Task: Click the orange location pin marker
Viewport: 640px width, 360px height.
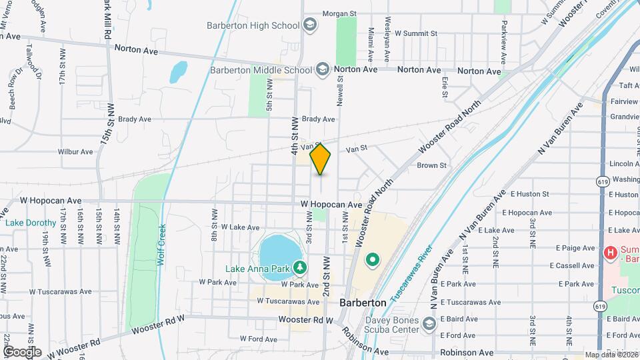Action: (321, 159)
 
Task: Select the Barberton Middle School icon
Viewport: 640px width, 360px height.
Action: (322, 69)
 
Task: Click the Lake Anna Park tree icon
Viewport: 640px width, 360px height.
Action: (301, 268)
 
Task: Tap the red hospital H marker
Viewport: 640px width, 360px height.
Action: (609, 253)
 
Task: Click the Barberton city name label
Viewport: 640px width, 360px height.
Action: (363, 302)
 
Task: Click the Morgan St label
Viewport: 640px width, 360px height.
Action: (341, 13)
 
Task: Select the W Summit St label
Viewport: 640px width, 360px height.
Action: (416, 33)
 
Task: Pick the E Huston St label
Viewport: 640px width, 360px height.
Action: (530, 194)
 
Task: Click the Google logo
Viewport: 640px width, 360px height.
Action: (22, 351)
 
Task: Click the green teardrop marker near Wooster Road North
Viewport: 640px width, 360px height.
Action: (373, 259)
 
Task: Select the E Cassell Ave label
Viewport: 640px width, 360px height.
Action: (572, 265)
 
